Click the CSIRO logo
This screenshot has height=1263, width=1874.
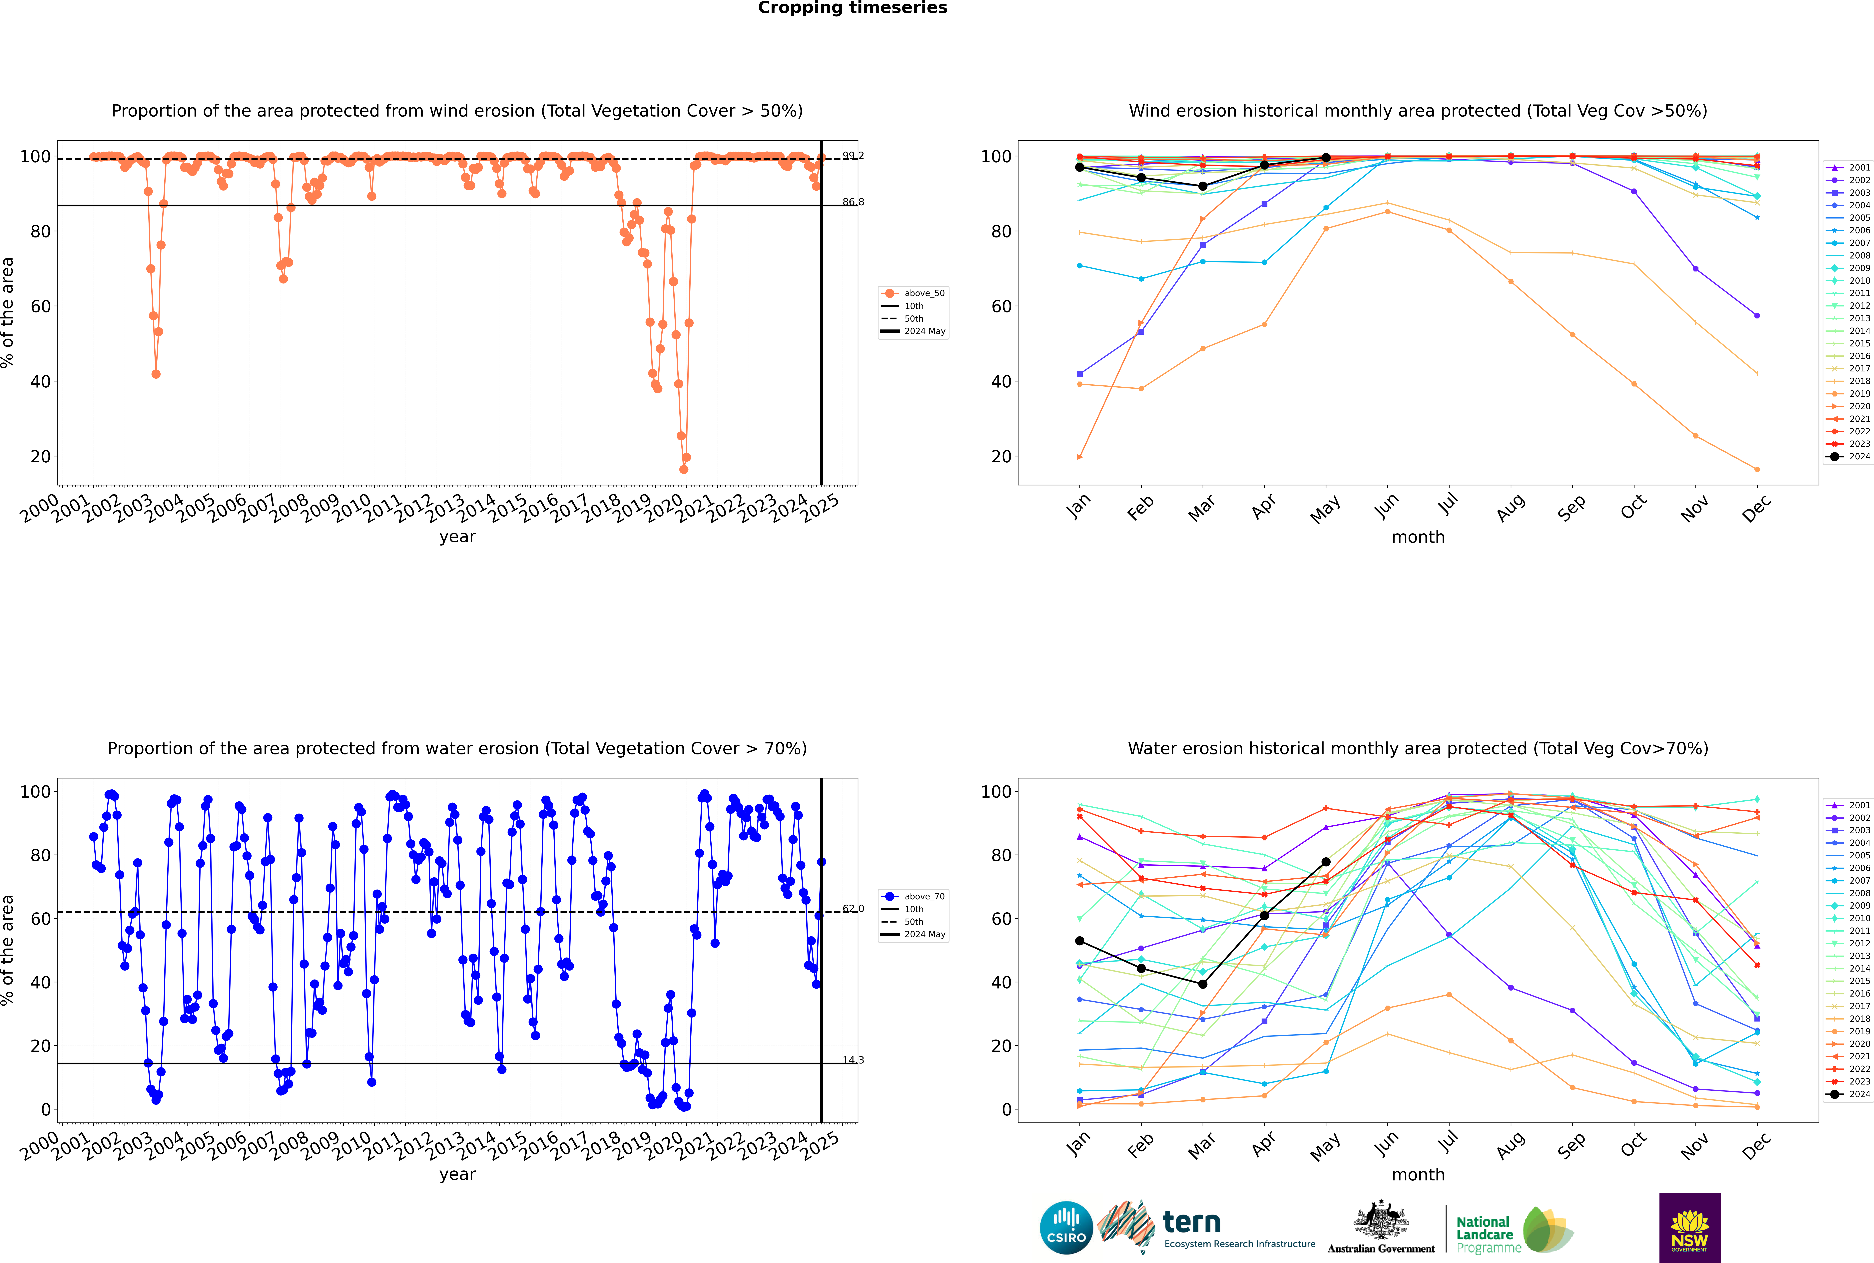pos(1066,1228)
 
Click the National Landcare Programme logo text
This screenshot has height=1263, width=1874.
pos(1484,1234)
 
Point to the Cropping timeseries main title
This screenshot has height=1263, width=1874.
pos(852,8)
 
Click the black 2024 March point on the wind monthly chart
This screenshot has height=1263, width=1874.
pos(1203,186)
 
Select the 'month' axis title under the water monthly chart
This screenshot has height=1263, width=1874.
pos(1418,1174)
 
